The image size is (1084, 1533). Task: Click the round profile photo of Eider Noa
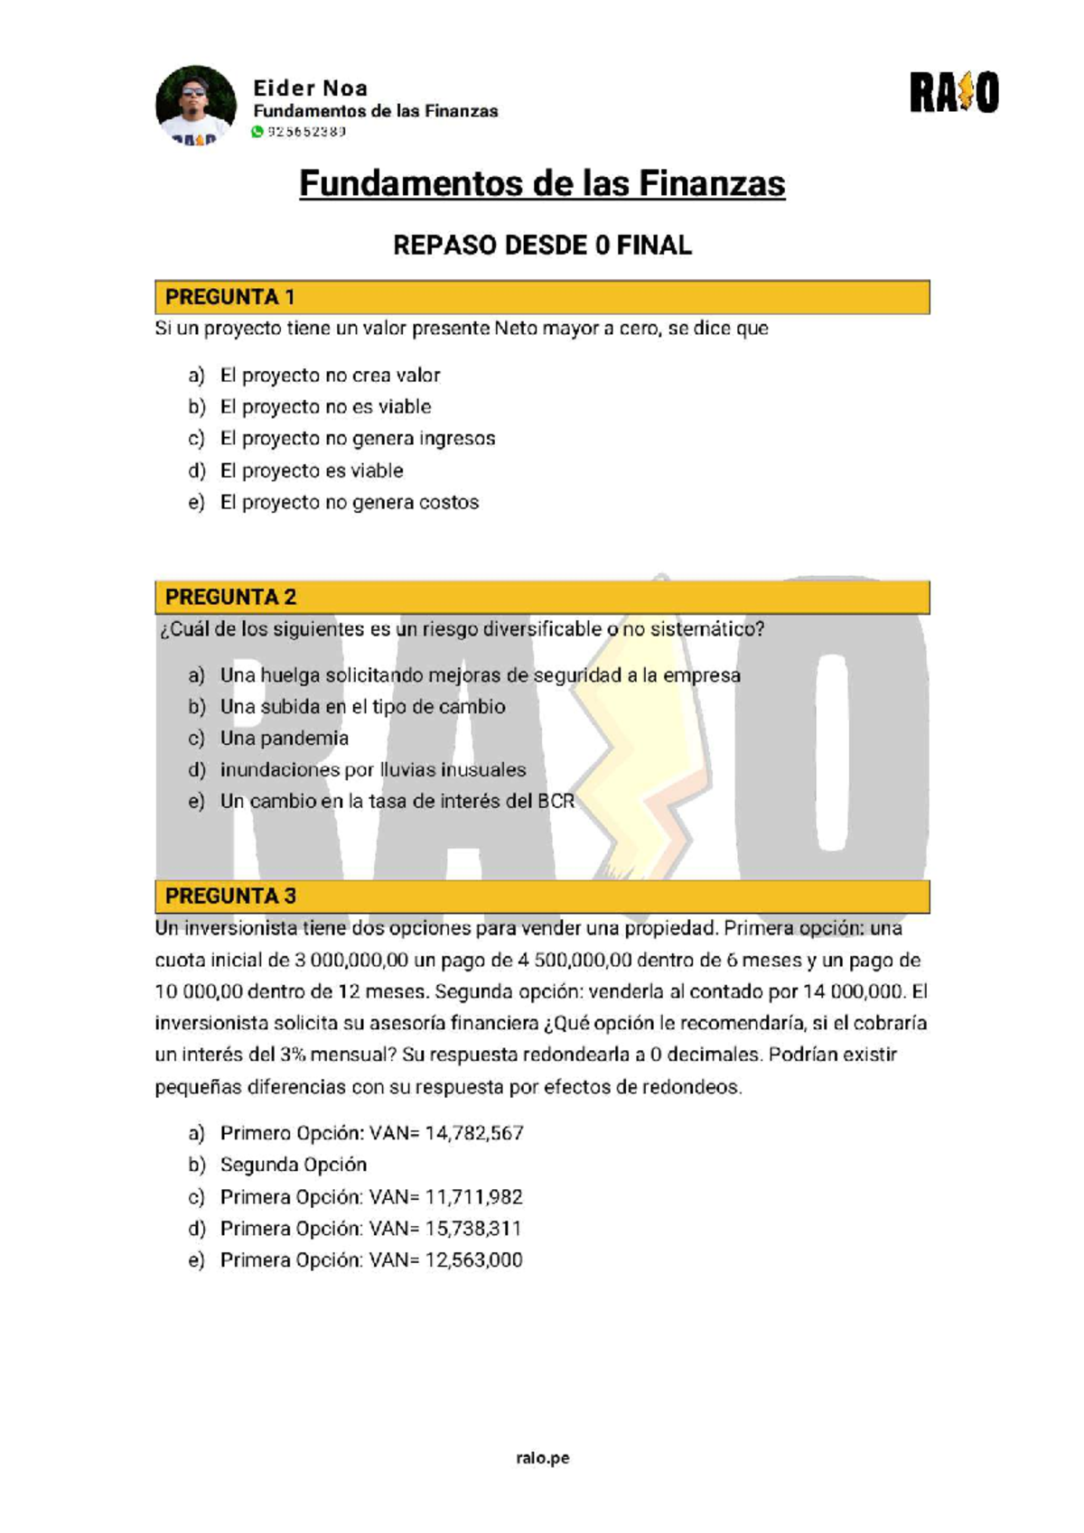coord(196,105)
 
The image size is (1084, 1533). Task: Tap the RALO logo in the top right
coord(954,94)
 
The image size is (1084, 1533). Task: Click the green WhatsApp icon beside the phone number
coord(257,132)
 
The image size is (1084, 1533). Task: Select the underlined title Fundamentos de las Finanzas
coord(542,184)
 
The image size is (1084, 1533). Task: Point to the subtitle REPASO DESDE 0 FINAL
coord(542,246)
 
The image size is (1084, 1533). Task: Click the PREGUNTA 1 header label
coord(229,297)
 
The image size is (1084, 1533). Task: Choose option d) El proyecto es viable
coord(312,470)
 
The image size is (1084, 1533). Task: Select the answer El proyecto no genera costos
coord(350,502)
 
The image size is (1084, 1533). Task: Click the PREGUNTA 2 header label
coord(230,597)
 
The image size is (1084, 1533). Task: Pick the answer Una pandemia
coord(284,739)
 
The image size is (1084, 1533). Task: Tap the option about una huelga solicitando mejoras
coord(480,675)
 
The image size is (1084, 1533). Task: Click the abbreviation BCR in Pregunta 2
coord(556,802)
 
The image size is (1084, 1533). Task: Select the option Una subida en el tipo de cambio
coord(362,707)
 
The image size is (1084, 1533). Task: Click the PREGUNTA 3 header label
coord(230,897)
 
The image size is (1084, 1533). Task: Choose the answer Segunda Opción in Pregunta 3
coord(293,1165)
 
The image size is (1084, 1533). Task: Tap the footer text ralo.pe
coord(542,1457)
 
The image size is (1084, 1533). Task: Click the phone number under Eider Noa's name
coord(307,132)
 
